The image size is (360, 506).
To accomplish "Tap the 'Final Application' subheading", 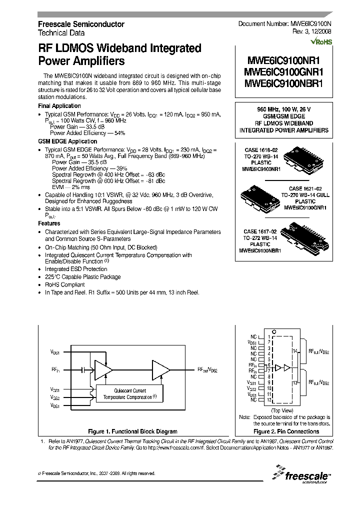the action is coord(59,106).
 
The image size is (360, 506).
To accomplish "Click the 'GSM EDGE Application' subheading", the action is coord(67,141).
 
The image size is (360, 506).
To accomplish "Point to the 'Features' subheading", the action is coord(49,223).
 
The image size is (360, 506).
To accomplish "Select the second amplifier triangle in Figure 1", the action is coord(161,369).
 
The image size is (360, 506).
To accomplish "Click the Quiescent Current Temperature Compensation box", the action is coord(129,393).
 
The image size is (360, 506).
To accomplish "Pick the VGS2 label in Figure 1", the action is coord(55,398).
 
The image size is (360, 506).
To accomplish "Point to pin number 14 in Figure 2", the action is coord(295,351).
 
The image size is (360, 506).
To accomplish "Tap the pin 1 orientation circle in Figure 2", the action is coord(273,331).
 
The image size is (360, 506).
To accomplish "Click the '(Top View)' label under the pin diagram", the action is coord(278,410).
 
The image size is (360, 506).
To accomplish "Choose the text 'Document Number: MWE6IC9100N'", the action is coord(284,24).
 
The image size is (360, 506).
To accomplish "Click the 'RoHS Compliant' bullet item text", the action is coord(65,284).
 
